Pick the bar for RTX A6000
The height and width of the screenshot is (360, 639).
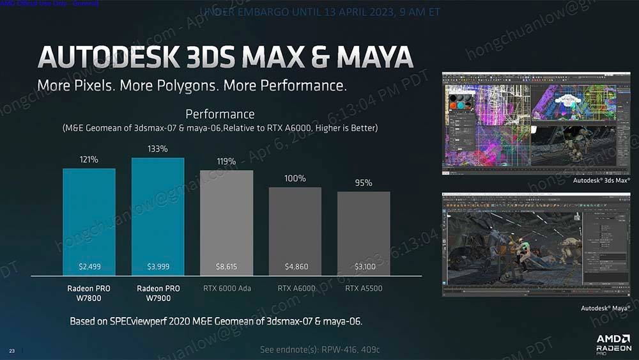point(295,230)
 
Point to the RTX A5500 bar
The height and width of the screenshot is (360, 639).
point(364,233)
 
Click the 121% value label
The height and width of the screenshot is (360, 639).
point(89,159)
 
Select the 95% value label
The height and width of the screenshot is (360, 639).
point(364,184)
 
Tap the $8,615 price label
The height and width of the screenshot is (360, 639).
point(227,266)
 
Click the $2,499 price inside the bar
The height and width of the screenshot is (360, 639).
point(89,266)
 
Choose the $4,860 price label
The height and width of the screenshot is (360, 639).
point(296,266)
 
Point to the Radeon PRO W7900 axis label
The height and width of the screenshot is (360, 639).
point(158,293)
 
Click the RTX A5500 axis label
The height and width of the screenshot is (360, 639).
point(364,288)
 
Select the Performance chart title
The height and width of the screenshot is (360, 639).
point(220,114)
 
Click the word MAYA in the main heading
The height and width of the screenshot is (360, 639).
point(374,57)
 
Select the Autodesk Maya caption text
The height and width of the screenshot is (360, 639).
point(604,308)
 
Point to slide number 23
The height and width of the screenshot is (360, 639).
point(12,350)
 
